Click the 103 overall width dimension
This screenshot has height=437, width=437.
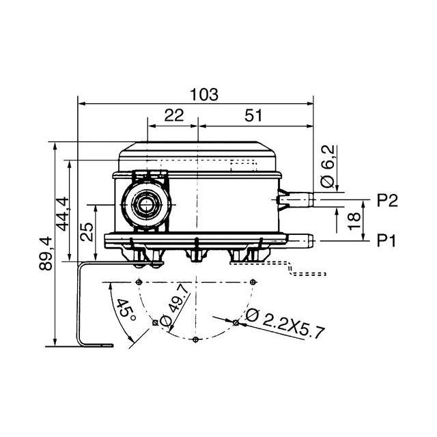[x=205, y=95]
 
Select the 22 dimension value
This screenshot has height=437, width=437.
[x=174, y=116]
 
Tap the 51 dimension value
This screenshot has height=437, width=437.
[x=253, y=116]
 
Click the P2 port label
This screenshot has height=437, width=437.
[x=387, y=200]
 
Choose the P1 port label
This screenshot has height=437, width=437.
[x=387, y=240]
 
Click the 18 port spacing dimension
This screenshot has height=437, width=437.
[x=353, y=221]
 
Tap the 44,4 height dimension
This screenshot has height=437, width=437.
[x=63, y=214]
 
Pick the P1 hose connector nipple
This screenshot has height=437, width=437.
[x=300, y=240]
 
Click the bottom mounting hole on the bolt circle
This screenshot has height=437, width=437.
[x=196, y=339]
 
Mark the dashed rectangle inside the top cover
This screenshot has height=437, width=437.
[x=243, y=167]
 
